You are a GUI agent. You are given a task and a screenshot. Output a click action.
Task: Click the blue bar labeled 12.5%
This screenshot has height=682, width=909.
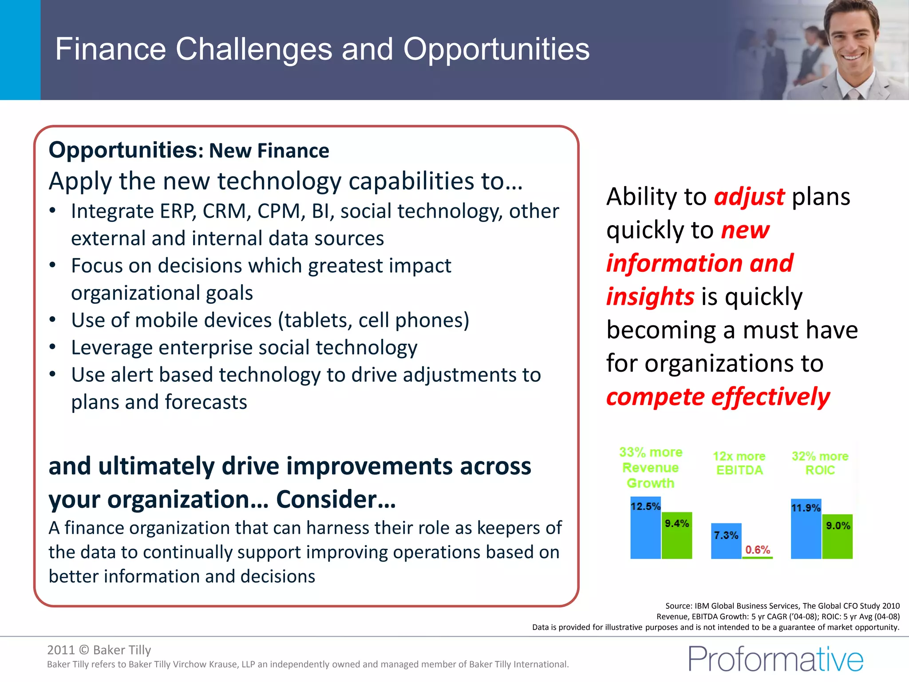tap(645, 533)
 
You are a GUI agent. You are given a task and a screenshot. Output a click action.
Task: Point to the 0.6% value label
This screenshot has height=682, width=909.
tap(758, 550)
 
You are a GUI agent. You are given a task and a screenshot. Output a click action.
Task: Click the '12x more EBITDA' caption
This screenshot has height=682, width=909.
tap(739, 463)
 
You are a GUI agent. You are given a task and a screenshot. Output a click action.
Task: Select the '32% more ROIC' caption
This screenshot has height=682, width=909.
tap(820, 463)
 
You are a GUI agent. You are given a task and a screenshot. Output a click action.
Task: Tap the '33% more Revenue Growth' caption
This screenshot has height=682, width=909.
tap(651, 468)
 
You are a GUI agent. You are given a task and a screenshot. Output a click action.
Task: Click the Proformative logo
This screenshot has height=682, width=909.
tap(776, 659)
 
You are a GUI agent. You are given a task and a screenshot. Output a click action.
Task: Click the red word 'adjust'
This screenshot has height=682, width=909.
tap(749, 197)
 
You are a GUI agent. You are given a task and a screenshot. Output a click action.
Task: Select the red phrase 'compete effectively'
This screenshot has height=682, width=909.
tap(718, 397)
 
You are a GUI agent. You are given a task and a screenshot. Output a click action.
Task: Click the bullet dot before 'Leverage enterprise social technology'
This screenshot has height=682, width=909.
tap(53, 347)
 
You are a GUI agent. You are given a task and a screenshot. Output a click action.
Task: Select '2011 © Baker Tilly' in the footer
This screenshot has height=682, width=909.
tap(99, 650)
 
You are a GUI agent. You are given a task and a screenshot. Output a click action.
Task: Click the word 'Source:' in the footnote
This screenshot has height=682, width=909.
tap(679, 606)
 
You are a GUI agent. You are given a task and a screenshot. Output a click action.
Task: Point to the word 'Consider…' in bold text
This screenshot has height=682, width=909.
tap(336, 500)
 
